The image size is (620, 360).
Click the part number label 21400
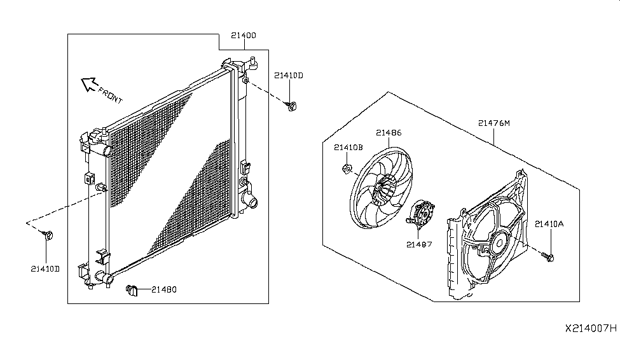tap(244, 35)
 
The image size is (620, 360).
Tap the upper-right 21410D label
tap(289, 75)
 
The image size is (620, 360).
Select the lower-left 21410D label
tap(45, 269)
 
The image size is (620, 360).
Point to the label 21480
tap(164, 289)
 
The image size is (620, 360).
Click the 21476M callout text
tap(494, 123)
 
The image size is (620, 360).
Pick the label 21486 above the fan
tap(389, 133)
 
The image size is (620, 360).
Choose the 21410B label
tap(348, 148)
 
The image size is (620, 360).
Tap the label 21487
tap(419, 244)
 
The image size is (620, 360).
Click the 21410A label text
tap(549, 224)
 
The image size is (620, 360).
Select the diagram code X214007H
tap(591, 328)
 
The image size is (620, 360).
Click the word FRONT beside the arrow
tap(111, 95)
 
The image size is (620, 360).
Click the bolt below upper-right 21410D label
tap(291, 106)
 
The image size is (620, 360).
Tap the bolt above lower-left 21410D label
tap(48, 235)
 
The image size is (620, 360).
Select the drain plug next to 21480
tap(132, 291)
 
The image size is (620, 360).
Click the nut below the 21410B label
tap(347, 169)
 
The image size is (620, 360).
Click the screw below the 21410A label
tap(548, 257)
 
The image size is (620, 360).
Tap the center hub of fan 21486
tap(383, 190)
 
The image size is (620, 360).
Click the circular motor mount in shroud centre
tap(499, 242)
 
